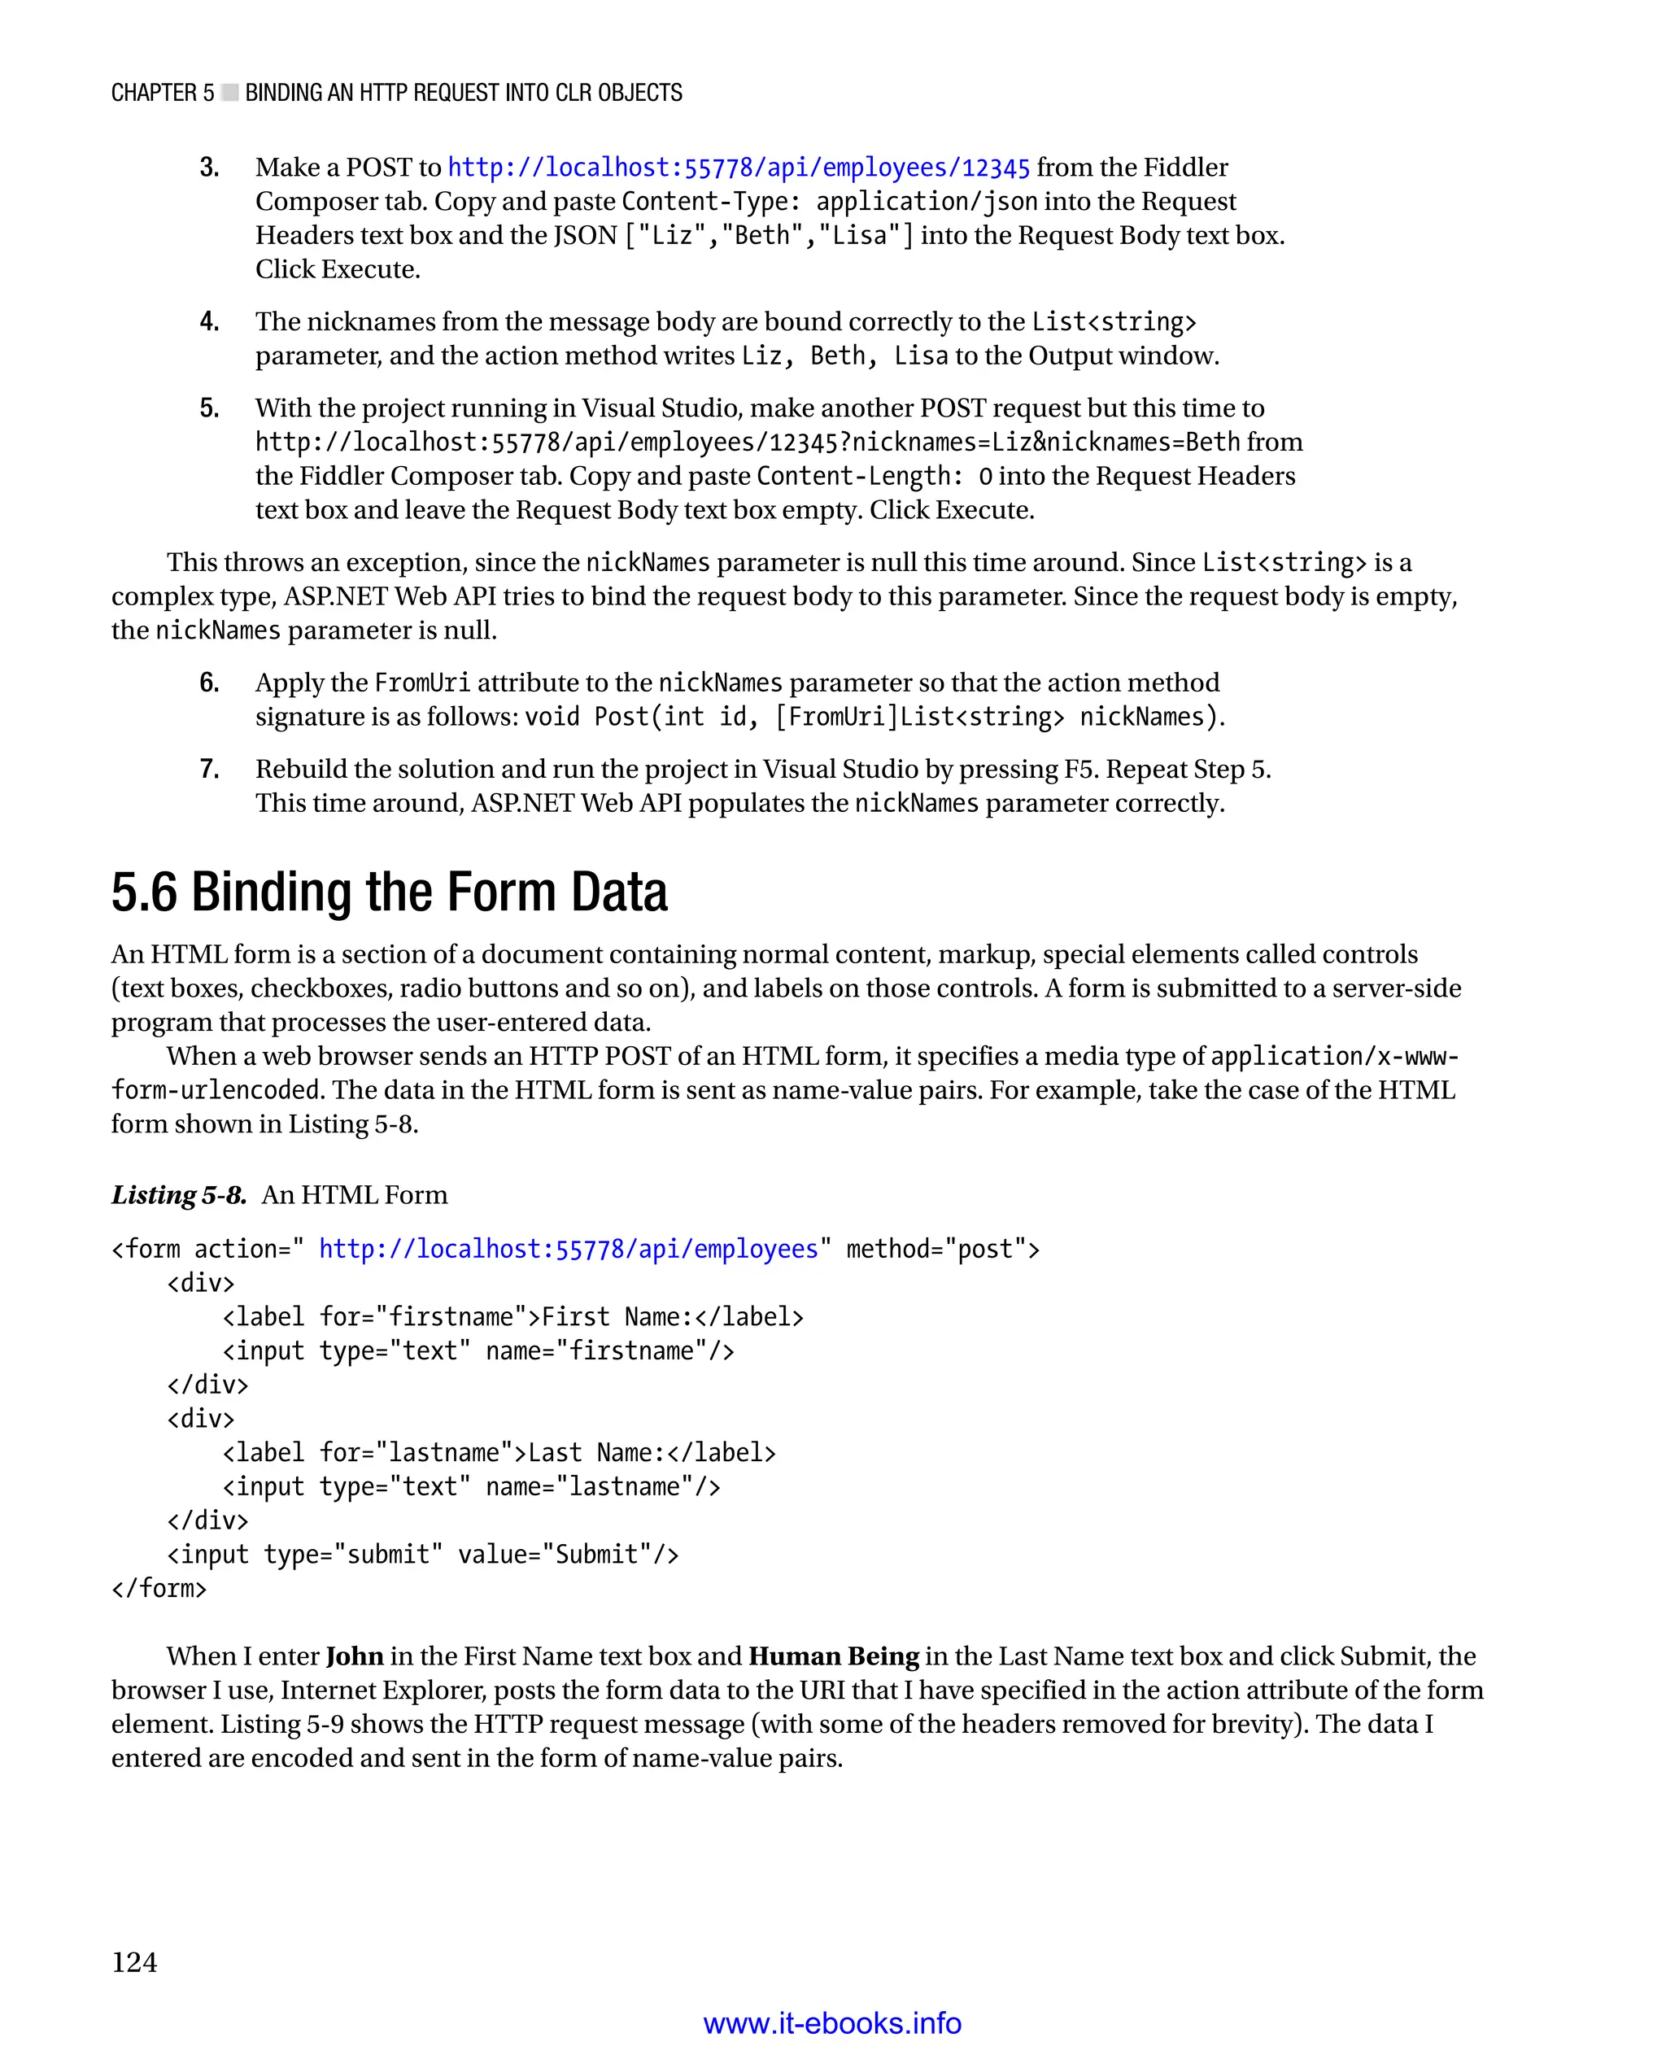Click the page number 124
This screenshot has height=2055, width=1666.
[134, 1962]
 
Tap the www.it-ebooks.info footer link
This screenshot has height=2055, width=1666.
[832, 2023]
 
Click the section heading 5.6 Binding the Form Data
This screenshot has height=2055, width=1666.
[389, 892]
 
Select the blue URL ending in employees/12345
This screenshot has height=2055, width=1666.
[738, 168]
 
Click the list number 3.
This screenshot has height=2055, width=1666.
[209, 168]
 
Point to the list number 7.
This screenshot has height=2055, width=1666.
[209, 769]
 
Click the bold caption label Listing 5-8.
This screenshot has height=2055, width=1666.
[178, 1195]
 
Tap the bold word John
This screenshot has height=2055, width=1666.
[354, 1656]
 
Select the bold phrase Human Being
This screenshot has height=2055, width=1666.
[833, 1656]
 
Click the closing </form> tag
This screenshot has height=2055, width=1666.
[159, 1589]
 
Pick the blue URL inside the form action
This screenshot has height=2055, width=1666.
[568, 1249]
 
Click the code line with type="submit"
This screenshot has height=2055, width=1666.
[422, 1554]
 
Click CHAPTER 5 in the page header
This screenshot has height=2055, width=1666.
[162, 93]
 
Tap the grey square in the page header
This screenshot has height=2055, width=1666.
[229, 93]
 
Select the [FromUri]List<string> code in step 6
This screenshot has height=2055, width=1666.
[919, 717]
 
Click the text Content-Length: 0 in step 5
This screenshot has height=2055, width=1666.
[874, 476]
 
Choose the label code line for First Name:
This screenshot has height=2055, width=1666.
[512, 1317]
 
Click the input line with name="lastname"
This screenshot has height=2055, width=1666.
[471, 1487]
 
